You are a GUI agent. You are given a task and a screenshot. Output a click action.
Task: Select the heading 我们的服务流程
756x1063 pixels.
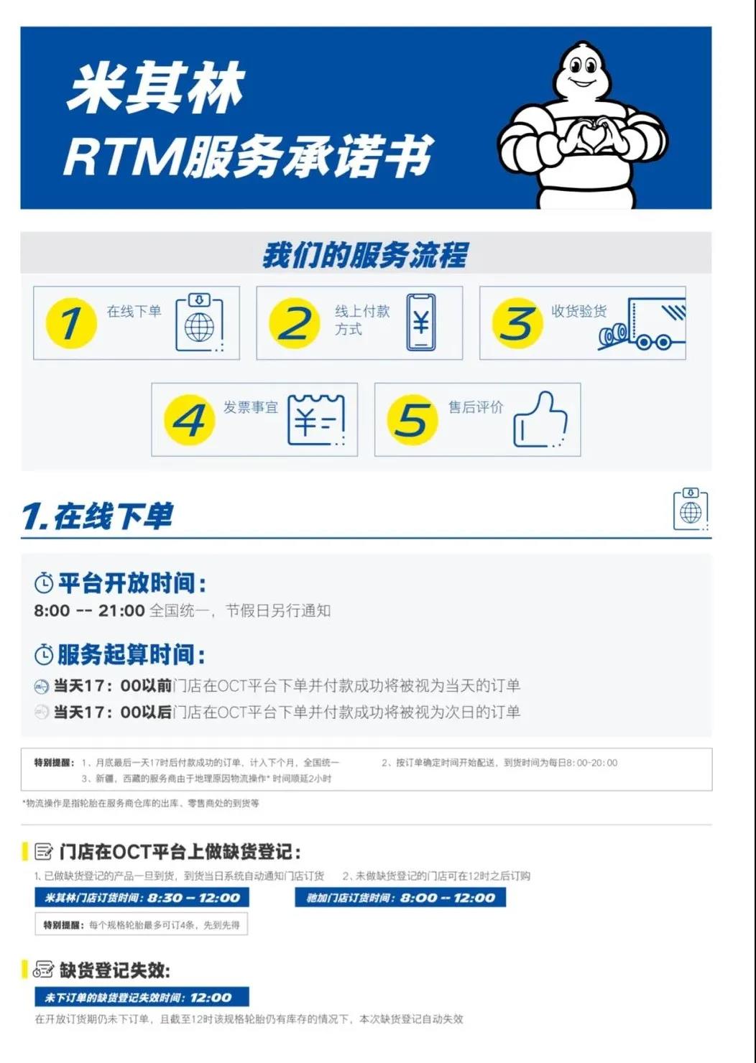365,255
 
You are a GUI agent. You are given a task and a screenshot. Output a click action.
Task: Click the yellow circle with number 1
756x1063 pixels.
71,323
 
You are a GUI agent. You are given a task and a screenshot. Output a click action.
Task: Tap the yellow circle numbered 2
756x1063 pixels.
294,323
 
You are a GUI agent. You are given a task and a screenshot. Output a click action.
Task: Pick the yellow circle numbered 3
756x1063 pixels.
517,323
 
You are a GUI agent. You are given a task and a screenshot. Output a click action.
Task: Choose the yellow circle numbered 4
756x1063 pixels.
189,420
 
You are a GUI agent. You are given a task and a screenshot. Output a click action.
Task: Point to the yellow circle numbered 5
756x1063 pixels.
412,420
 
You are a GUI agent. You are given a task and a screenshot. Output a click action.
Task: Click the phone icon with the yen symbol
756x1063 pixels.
420,322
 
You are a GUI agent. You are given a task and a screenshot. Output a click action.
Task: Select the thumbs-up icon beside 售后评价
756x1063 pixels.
540,420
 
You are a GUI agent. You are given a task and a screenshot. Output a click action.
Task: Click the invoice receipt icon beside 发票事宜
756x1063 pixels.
316,420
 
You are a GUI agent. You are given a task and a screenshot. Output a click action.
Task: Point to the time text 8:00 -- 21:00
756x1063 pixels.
89,611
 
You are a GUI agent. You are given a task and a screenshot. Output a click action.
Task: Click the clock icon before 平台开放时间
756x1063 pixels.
44,583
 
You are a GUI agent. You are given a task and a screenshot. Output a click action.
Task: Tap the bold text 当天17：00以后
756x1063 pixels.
113,712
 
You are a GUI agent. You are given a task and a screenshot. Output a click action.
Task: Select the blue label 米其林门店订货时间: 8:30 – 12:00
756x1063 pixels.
142,897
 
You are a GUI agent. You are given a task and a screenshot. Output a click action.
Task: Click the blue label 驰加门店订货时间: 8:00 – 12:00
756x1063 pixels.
400,897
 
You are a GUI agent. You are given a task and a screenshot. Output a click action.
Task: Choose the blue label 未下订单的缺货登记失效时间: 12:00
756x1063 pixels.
142,997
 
